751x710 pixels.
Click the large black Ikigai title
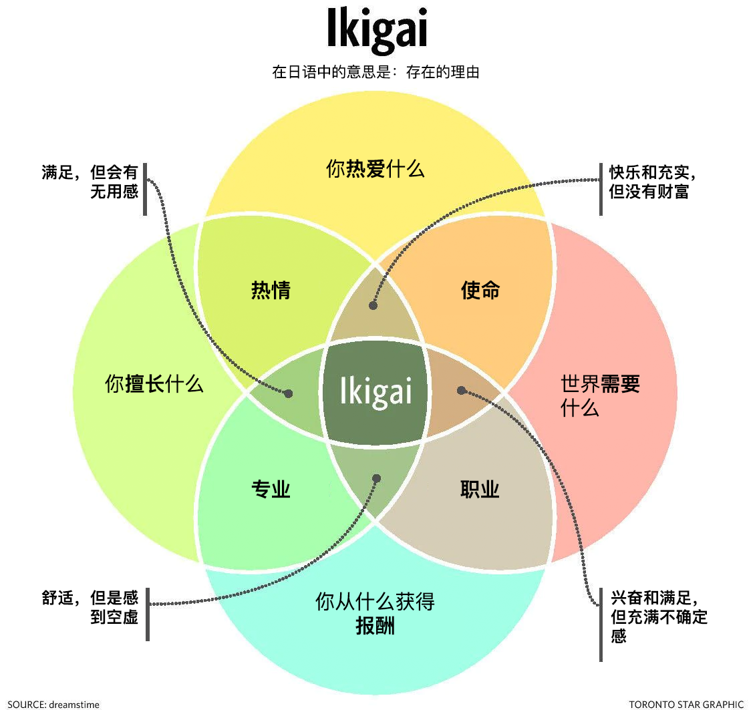click(376, 29)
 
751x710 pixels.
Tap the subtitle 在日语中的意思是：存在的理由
click(376, 72)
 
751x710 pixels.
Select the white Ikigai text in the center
click(375, 391)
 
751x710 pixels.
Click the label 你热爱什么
click(375, 169)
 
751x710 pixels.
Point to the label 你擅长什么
click(154, 384)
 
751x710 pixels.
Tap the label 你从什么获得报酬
click(375, 613)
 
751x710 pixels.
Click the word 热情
click(271, 290)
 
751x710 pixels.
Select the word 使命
click(480, 290)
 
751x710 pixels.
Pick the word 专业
click(271, 490)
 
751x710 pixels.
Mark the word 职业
click(480, 490)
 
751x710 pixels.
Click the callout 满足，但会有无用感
click(90, 182)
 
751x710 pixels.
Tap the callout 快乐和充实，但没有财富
click(652, 182)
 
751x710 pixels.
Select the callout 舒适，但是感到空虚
click(90, 607)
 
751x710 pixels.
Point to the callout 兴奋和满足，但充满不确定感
click(659, 616)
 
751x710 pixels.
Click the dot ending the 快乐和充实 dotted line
click(373, 305)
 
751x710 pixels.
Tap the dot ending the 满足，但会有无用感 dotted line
click(289, 393)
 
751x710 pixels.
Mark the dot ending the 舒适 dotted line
click(376, 478)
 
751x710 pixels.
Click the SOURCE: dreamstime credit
click(53, 704)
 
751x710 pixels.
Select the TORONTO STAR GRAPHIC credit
click(686, 704)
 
